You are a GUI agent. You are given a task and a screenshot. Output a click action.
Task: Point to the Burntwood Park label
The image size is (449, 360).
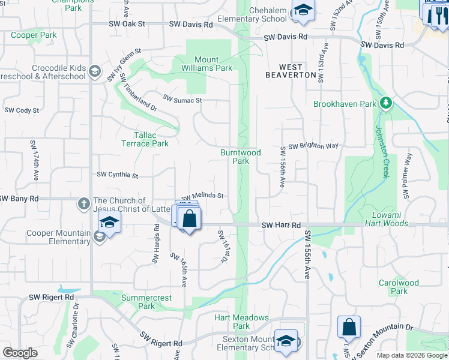(x=241, y=157)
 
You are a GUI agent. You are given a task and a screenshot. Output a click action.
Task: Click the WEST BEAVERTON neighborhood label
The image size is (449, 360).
(x=291, y=71)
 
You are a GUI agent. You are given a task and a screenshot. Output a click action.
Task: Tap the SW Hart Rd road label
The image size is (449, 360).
(x=281, y=225)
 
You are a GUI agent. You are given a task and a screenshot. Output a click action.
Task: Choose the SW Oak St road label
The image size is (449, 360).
(x=127, y=24)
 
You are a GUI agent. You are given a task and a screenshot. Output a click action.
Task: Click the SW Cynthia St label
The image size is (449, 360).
(x=118, y=175)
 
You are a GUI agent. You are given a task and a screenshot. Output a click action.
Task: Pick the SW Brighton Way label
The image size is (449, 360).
(x=313, y=146)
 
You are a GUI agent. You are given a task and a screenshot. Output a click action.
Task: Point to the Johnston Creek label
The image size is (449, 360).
(x=382, y=152)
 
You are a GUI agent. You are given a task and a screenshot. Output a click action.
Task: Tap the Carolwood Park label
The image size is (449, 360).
(x=399, y=287)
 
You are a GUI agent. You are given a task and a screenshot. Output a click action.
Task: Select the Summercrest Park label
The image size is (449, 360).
(x=146, y=302)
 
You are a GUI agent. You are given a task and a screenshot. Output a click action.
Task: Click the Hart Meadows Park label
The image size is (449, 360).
(x=241, y=322)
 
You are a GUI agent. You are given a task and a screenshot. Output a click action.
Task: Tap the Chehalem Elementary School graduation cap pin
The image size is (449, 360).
(x=303, y=11)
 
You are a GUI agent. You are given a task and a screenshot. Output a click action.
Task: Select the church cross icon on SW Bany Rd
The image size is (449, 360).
(x=85, y=203)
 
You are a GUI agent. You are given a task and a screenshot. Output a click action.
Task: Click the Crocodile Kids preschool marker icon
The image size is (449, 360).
(x=94, y=71)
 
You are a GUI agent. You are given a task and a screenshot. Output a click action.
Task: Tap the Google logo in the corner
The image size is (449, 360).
(x=20, y=353)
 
